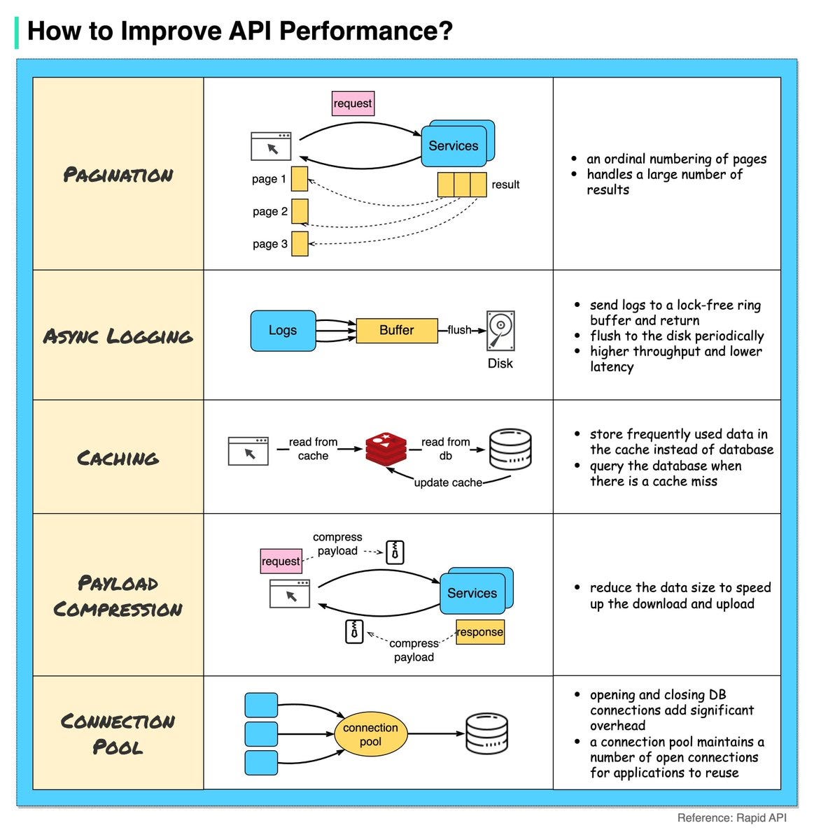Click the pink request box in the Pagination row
[x=353, y=103]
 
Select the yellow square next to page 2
[x=300, y=211]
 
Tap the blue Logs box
[x=283, y=331]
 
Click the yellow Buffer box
[x=397, y=331]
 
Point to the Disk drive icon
[x=500, y=331]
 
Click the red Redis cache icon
[x=386, y=448]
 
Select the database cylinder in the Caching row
[x=510, y=449]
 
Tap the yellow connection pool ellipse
[x=370, y=735]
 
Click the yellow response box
[x=480, y=632]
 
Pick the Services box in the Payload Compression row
[x=472, y=593]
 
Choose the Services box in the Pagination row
[x=454, y=145]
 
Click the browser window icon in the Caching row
[x=248, y=451]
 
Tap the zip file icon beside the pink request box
[x=395, y=552]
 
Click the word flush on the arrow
[x=459, y=330]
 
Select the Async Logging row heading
[x=118, y=336]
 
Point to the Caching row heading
[x=118, y=459]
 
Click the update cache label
[x=448, y=482]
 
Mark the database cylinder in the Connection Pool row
[x=487, y=734]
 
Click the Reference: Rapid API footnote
[x=731, y=817]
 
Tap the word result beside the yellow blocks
[x=505, y=185]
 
